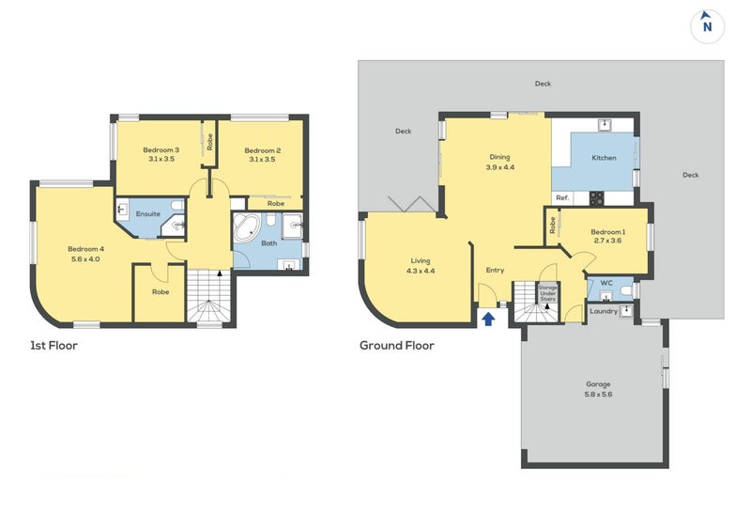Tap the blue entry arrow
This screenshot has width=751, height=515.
pos(487,319)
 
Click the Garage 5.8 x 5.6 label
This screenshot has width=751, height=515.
pos(598,389)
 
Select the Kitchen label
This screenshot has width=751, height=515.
pos(604,158)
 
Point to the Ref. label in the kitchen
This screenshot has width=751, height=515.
pos(562,197)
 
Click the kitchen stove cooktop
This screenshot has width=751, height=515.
pos(595,197)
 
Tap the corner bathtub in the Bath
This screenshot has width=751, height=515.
pos(250,231)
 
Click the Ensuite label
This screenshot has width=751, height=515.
pos(148,214)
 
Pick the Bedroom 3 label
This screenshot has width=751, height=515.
pos(161,155)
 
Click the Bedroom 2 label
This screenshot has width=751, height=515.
pos(263,155)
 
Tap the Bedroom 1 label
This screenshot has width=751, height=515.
pos(608,236)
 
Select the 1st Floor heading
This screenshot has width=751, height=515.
pos(54,346)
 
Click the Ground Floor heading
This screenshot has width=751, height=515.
pos(397,346)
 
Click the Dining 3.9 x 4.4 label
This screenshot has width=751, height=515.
pos(499,162)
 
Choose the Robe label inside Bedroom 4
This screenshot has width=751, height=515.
pos(161,291)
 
